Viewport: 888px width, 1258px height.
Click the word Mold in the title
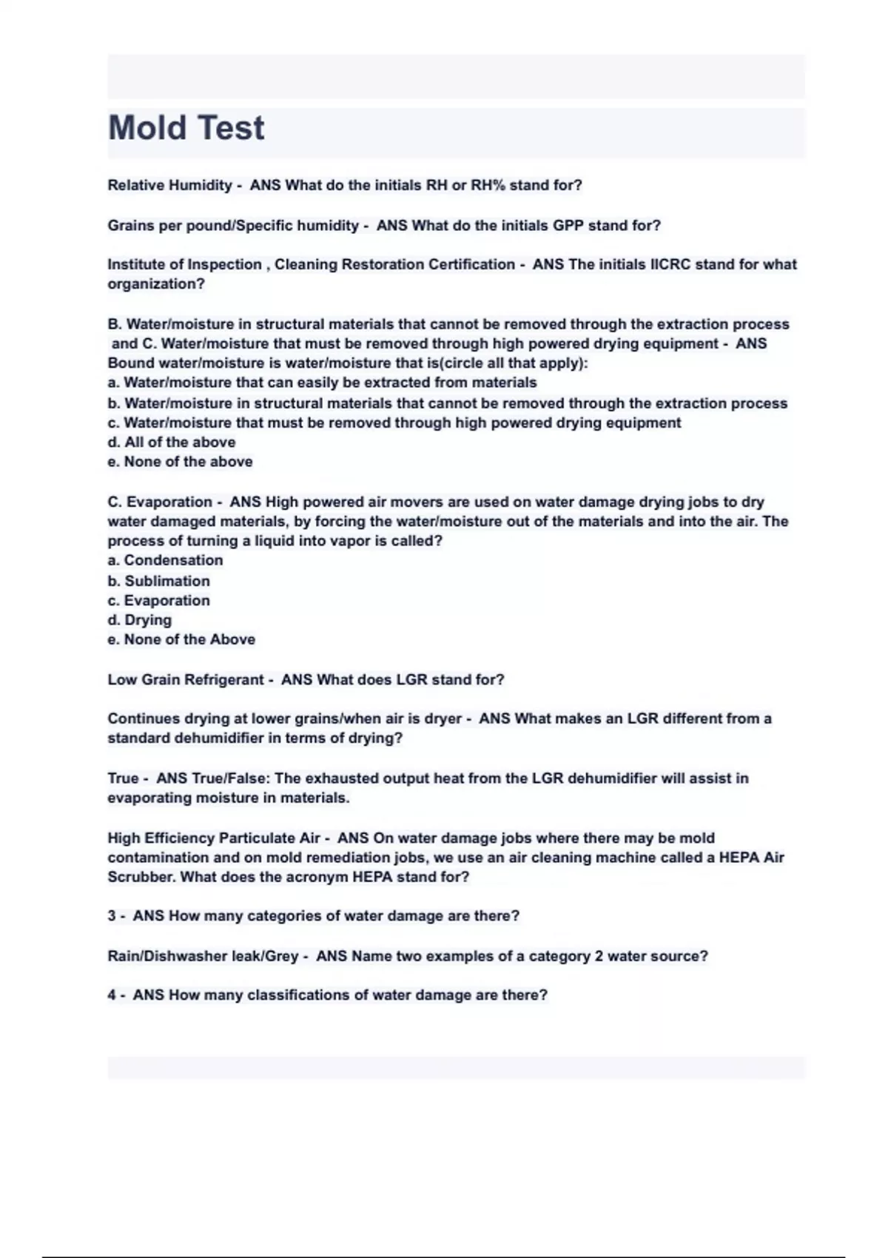pyautogui.click(x=147, y=128)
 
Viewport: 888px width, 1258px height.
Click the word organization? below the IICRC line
pyautogui.click(x=156, y=284)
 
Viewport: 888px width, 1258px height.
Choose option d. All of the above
pyautogui.click(x=172, y=442)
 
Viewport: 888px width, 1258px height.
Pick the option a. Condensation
pyautogui.click(x=165, y=560)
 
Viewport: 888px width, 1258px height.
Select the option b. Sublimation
pyautogui.click(x=158, y=581)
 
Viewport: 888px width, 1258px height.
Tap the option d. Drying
pyautogui.click(x=140, y=620)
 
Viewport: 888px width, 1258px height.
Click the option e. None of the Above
pyautogui.click(x=181, y=639)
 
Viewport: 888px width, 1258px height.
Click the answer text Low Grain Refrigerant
pyautogui.click(x=186, y=679)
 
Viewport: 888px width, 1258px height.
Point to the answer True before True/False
pyautogui.click(x=123, y=778)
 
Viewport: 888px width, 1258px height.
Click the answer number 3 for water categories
pyautogui.click(x=112, y=916)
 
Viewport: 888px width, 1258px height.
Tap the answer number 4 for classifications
pyautogui.click(x=112, y=995)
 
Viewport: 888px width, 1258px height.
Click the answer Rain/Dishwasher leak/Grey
pyautogui.click(x=203, y=956)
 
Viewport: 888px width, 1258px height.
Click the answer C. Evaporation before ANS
pyautogui.click(x=160, y=502)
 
